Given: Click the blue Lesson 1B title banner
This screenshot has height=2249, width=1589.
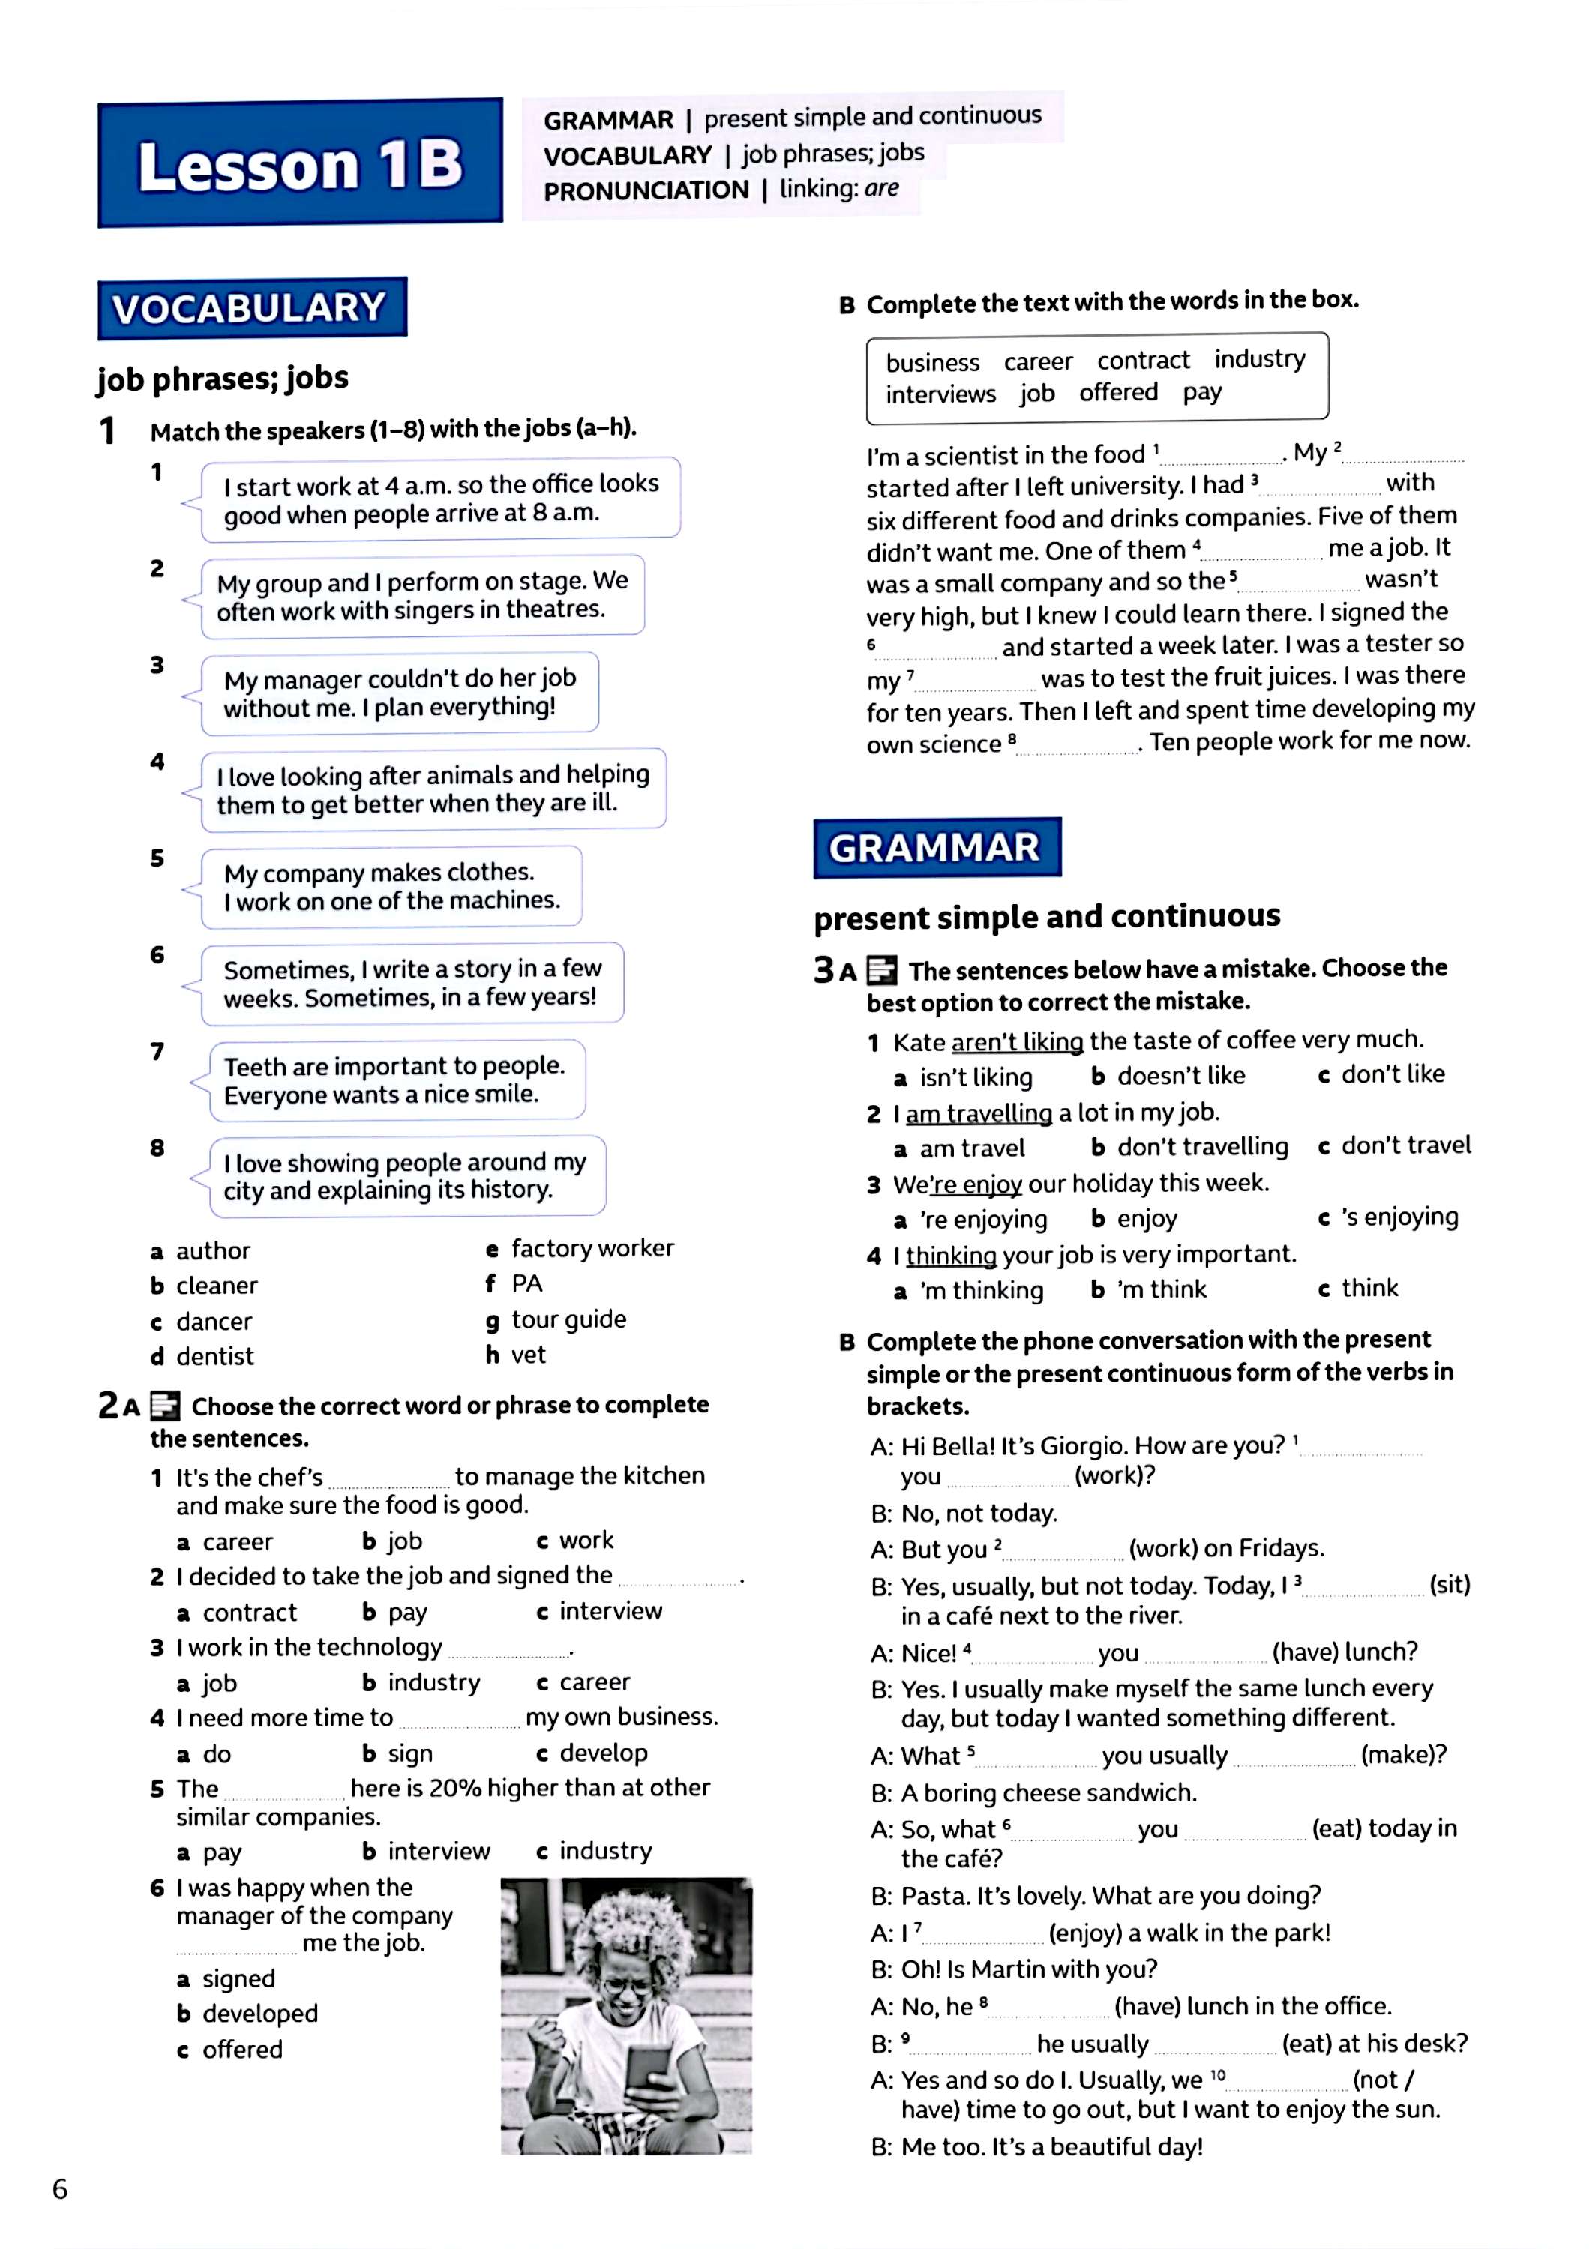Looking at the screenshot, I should tap(300, 163).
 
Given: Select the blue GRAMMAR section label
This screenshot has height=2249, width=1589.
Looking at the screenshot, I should tap(936, 847).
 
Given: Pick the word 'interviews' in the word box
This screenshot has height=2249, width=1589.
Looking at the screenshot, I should tap(940, 394).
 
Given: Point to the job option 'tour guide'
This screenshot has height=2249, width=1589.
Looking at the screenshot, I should tap(568, 1319).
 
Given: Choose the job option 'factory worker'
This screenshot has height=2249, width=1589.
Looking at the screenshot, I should tap(592, 1248).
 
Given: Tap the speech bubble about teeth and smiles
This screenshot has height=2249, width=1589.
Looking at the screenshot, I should tap(396, 1080).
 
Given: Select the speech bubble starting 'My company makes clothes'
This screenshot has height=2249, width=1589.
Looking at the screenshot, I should tap(391, 885).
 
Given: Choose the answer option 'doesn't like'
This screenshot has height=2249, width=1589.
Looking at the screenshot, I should tap(1180, 1076).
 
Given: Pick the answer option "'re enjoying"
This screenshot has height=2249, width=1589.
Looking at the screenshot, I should tap(982, 1220).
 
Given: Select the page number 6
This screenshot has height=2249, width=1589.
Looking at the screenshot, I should tap(60, 2189).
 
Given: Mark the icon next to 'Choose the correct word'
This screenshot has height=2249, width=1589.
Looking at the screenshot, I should tap(166, 1406).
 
